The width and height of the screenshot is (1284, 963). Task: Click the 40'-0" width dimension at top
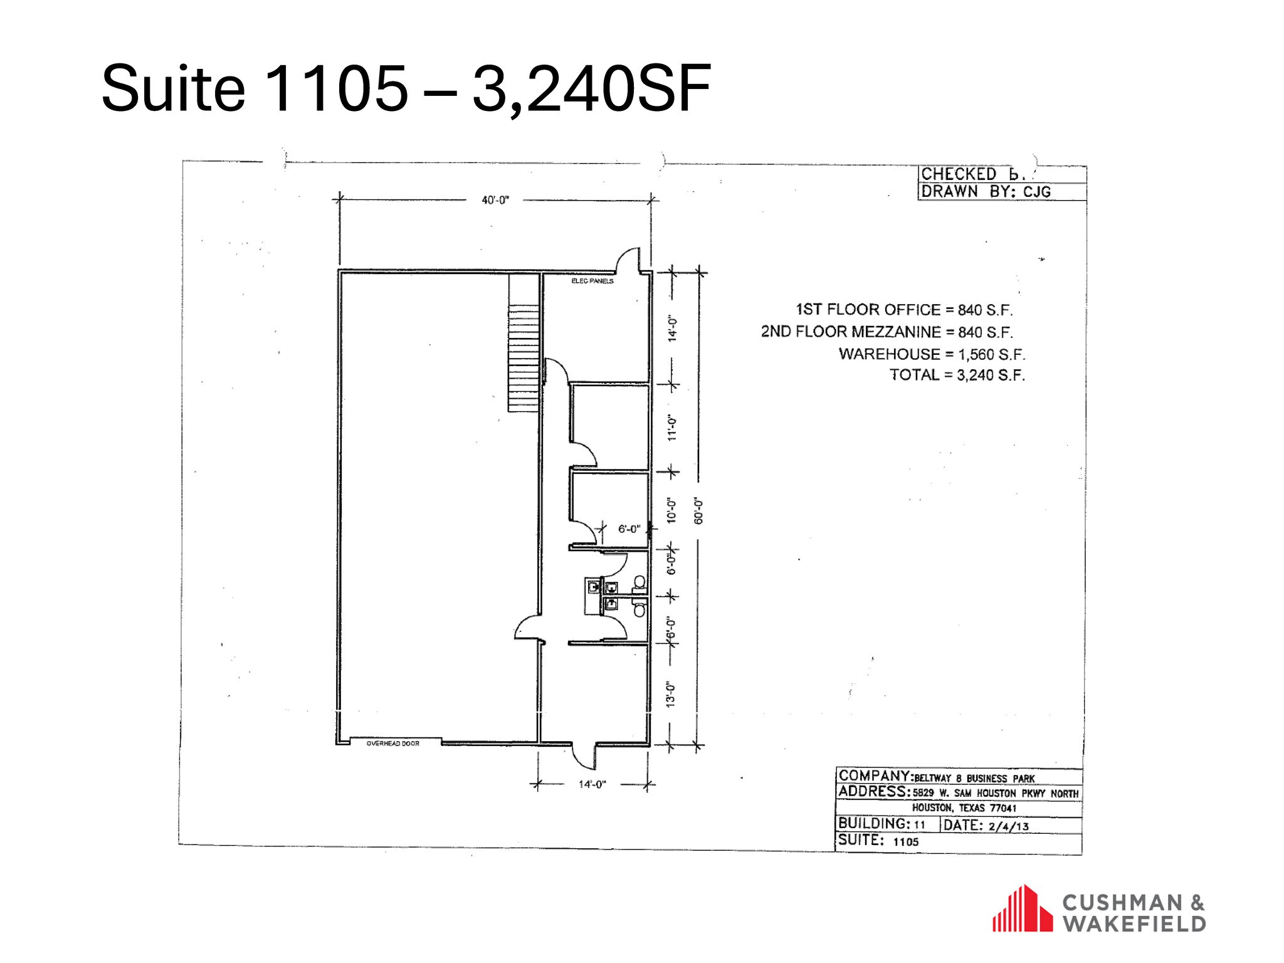click(x=495, y=201)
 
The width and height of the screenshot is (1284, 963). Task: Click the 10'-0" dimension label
click(x=672, y=511)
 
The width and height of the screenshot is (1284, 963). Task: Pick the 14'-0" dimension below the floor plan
click(x=591, y=784)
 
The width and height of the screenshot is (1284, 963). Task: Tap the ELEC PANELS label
click(x=592, y=282)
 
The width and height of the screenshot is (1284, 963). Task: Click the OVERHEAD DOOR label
click(x=393, y=744)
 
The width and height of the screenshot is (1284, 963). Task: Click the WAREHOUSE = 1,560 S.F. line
click(x=932, y=354)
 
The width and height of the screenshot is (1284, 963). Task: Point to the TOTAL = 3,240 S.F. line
click(x=957, y=376)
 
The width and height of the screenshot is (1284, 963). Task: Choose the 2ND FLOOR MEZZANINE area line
click(x=887, y=332)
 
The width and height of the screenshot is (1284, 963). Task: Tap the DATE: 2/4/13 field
click(x=986, y=826)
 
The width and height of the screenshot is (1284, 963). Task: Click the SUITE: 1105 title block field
click(x=878, y=841)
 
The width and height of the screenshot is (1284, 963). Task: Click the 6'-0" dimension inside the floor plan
click(x=629, y=529)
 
